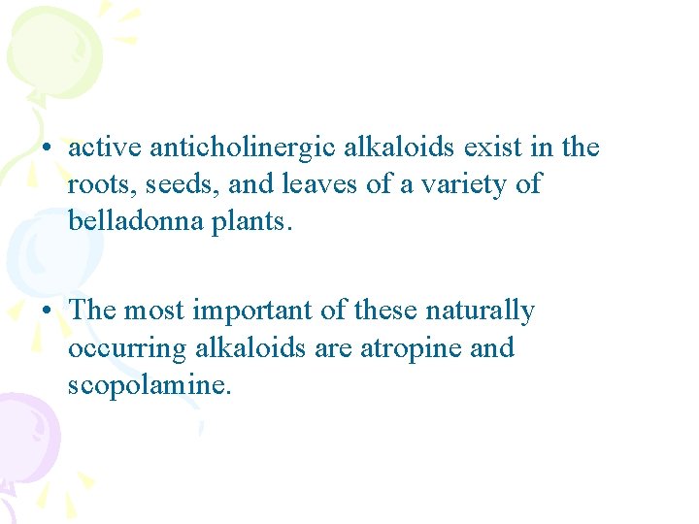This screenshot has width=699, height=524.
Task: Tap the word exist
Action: click(x=490, y=147)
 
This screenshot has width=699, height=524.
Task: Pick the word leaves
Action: click(x=315, y=183)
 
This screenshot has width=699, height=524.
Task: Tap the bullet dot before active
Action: click(x=46, y=148)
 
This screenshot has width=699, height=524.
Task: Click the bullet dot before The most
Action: click(x=46, y=311)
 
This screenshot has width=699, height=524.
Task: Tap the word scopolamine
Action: click(x=150, y=384)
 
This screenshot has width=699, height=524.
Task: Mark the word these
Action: click(x=382, y=311)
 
